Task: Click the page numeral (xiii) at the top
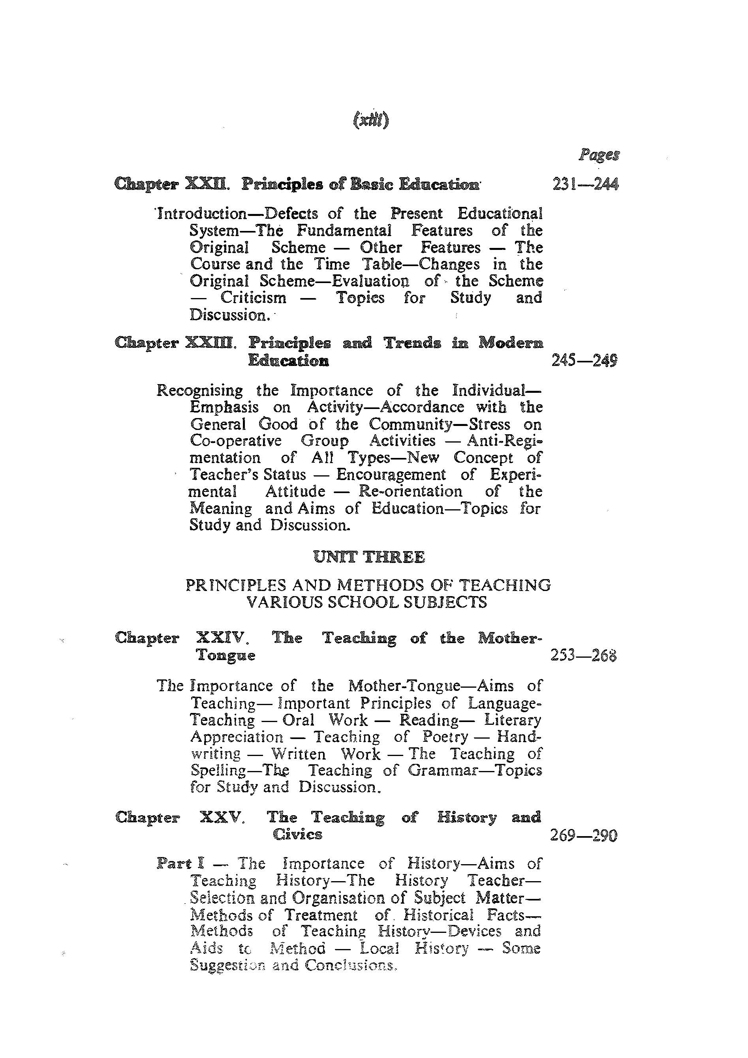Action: click(x=370, y=120)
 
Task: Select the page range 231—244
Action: click(x=586, y=185)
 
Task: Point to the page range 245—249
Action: click(x=584, y=360)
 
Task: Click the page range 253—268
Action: click(x=583, y=655)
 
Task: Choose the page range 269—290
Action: click(x=583, y=835)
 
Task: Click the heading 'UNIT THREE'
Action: click(x=369, y=557)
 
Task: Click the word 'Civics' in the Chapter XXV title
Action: click(x=297, y=835)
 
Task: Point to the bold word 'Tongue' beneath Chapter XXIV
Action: click(x=226, y=655)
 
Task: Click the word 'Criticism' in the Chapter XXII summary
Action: click(x=253, y=298)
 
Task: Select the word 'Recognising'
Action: click(x=199, y=391)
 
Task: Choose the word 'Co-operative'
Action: click(x=235, y=441)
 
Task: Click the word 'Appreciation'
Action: click(x=237, y=737)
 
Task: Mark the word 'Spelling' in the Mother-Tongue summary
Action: click(x=218, y=771)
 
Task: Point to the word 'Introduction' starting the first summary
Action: click(x=202, y=214)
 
